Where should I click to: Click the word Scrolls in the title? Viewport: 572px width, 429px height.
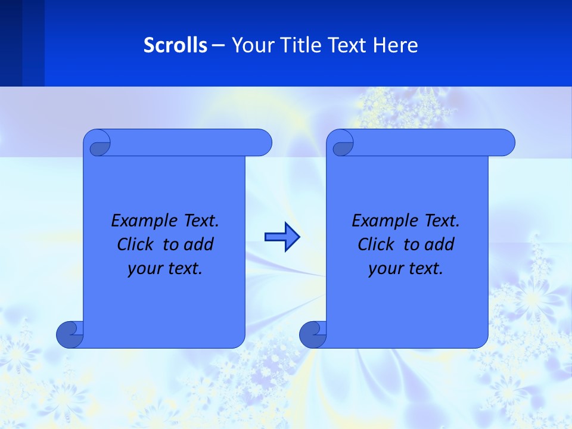click(x=176, y=45)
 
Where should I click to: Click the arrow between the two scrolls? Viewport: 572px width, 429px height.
click(x=282, y=237)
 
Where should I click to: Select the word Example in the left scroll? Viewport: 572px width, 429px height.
click(x=141, y=221)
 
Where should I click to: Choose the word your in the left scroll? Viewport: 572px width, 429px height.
click(x=144, y=269)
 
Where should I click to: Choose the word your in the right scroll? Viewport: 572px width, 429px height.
click(x=385, y=269)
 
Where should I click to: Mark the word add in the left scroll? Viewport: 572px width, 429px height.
click(x=200, y=244)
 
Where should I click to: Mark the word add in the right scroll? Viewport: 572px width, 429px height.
click(x=441, y=244)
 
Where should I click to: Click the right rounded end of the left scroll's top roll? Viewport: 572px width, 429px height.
click(x=262, y=143)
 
